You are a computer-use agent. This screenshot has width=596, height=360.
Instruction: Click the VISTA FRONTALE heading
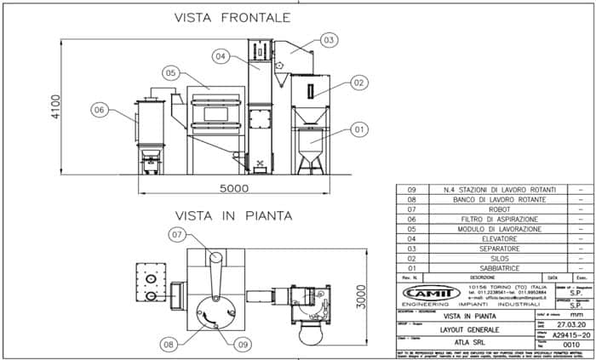(x=232, y=17)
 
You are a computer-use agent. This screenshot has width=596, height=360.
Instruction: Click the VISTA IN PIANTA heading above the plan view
(x=232, y=215)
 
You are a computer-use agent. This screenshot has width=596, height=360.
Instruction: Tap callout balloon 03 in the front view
(x=330, y=39)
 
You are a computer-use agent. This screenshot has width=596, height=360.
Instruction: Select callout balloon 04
(x=221, y=56)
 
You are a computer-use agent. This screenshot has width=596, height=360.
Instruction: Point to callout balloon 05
(x=172, y=73)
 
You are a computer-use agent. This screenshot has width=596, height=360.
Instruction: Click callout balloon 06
(x=99, y=110)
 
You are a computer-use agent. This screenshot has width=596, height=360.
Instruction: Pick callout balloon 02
(x=358, y=83)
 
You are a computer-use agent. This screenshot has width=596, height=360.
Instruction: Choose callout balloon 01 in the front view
(x=358, y=129)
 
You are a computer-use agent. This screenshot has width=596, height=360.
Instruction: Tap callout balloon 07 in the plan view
(x=177, y=234)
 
